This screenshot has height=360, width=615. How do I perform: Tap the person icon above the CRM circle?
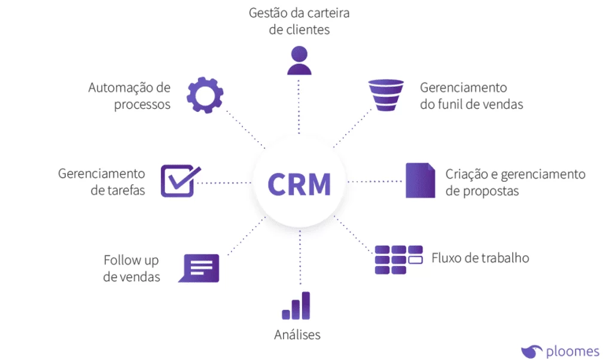[299, 60]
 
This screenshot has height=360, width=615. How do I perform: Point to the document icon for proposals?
[420, 181]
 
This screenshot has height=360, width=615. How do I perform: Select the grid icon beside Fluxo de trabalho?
[398, 259]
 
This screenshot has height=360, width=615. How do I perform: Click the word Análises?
[297, 335]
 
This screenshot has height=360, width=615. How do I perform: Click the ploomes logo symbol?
[531, 351]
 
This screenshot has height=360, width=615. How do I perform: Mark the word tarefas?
[126, 191]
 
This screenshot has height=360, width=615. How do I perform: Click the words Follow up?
[131, 260]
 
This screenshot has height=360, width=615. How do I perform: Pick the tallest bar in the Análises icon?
[306, 305]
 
